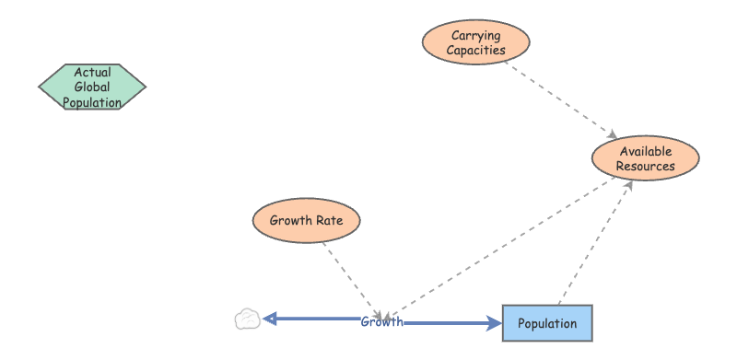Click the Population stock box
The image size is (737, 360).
[x=547, y=323]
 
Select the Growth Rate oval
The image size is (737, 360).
[x=306, y=220]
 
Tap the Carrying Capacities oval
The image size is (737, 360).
[x=476, y=42]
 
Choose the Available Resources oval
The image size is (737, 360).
[x=646, y=158]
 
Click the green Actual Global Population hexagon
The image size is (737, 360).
[x=92, y=87]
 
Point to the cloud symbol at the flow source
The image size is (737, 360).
[x=246, y=319]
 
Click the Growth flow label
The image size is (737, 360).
[x=381, y=321]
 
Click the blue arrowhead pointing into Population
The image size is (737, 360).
[x=494, y=323]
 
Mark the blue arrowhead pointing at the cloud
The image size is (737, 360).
[x=270, y=319]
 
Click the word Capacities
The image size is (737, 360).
[x=476, y=51]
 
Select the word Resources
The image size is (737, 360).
[x=646, y=167]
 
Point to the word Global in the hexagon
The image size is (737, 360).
[x=92, y=87]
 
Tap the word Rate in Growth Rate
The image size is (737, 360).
[x=330, y=221]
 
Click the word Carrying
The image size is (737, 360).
[x=476, y=36]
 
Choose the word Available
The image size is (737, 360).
[x=646, y=151]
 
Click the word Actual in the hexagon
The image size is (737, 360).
[x=92, y=72]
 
